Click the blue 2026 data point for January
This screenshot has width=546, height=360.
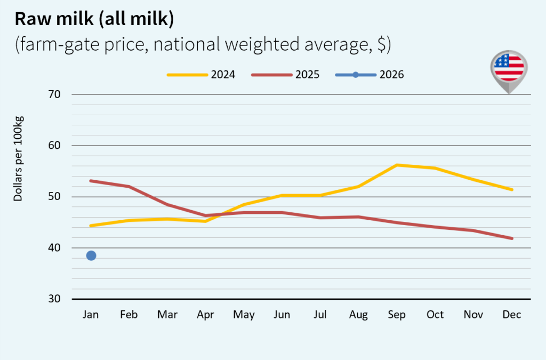pos(91,255)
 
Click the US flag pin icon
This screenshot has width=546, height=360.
pos(509,69)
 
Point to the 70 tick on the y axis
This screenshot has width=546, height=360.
pos(55,94)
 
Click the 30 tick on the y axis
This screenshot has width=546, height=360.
pos(55,299)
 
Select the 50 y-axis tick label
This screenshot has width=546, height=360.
pos(55,197)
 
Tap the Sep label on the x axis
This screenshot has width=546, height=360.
pos(397,315)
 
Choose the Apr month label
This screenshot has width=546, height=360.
pos(205,315)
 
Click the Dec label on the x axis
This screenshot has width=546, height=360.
pos(512,315)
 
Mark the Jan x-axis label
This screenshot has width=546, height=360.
pos(91,315)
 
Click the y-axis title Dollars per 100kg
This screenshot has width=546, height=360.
pos(19,159)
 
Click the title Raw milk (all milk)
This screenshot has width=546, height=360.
pos(94,19)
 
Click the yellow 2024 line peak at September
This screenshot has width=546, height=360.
pos(397,165)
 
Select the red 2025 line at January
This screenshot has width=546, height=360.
pos(91,181)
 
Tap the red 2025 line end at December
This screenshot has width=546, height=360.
pos(512,238)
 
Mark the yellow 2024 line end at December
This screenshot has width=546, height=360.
pos(512,189)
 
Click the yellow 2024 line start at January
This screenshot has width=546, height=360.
pos(91,226)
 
